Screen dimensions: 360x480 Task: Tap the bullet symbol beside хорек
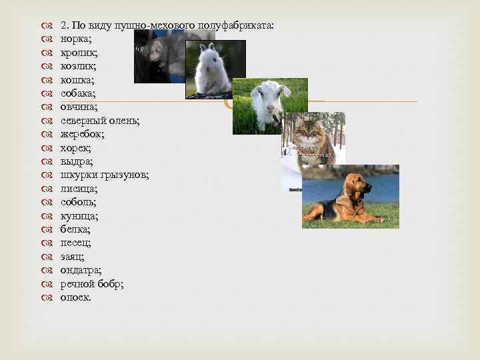47,148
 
